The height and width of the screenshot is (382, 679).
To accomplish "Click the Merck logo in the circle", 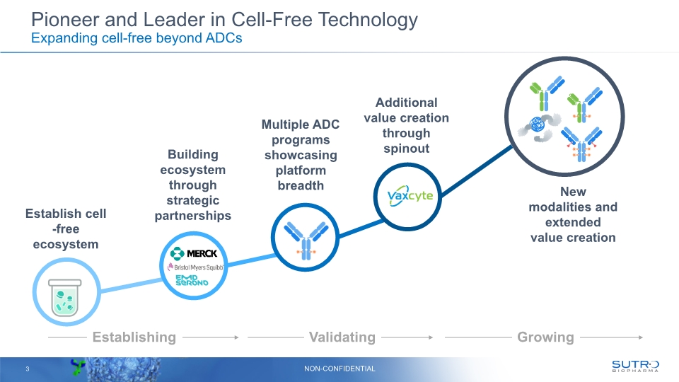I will tap(194, 253).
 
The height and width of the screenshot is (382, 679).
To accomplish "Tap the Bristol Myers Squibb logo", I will tap(195, 267).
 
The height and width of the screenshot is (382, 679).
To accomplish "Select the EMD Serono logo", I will tap(192, 280).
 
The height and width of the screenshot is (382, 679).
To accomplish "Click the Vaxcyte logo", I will tap(410, 196).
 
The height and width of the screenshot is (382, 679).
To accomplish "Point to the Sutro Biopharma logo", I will tap(634, 366).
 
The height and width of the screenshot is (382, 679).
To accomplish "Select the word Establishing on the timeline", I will tap(134, 337).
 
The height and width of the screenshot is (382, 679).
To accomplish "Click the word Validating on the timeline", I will tap(342, 337).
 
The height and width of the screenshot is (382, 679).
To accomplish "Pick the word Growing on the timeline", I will tap(545, 337).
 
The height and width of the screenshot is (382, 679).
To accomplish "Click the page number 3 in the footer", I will tap(27, 369).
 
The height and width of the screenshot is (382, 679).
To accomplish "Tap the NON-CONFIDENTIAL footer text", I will tap(339, 369).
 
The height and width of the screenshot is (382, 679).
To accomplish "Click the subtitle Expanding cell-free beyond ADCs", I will tap(137, 38).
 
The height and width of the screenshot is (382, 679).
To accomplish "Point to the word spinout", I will tap(406, 149).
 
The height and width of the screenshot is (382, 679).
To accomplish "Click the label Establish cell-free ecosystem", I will tap(65, 228).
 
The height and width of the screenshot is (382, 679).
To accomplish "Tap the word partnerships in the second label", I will tap(193, 216).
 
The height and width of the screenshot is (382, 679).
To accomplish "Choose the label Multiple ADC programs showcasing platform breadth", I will tap(301, 155).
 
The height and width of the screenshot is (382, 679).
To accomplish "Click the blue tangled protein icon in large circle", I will tap(540, 126).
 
